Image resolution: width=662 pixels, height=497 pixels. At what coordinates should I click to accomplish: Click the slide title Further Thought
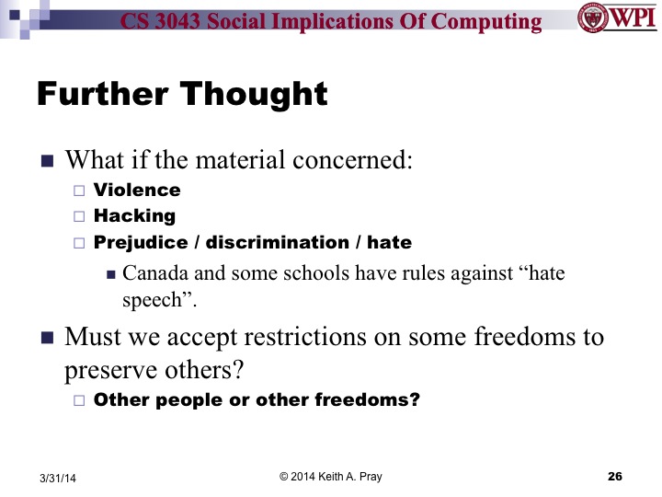(182, 94)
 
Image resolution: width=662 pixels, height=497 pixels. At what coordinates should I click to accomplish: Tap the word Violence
(137, 191)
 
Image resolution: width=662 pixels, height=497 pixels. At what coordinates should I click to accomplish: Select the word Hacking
(134, 216)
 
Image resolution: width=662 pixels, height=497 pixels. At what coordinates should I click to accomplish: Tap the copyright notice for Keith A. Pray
(330, 476)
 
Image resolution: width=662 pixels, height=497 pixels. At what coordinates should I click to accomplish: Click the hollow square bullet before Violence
(78, 191)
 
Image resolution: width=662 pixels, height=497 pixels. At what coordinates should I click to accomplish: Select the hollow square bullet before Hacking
(78, 217)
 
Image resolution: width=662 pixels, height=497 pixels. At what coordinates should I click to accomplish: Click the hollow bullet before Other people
(78, 400)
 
